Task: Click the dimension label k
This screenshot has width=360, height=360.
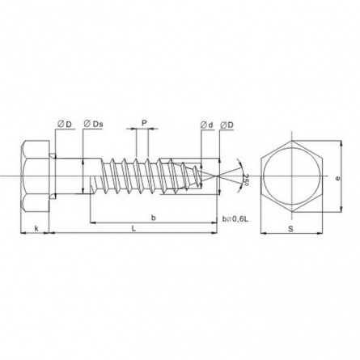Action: coord(36,229)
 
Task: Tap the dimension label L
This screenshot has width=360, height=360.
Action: coord(133,229)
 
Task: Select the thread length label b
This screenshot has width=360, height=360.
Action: coord(153,218)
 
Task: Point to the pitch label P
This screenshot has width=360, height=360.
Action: coord(144,123)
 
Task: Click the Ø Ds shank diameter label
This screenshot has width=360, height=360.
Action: coord(93,124)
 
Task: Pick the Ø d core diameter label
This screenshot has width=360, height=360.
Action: coord(206,125)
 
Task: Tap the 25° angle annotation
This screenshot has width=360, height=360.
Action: coord(245,180)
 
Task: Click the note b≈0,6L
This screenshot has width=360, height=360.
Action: coord(235,219)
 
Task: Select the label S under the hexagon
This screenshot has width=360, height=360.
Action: coord(290,229)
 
